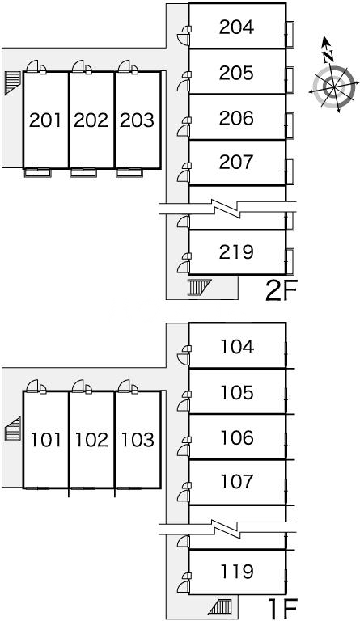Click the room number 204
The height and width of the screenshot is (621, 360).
click(x=236, y=27)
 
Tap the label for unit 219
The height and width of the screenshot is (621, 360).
click(x=236, y=252)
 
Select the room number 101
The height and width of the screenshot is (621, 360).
click(x=46, y=440)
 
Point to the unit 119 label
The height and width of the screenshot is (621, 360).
click(x=237, y=572)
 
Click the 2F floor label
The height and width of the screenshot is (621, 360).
click(x=282, y=291)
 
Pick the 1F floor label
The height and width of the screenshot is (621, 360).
click(x=282, y=609)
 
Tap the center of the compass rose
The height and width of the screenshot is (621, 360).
click(x=333, y=87)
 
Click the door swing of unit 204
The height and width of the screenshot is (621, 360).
click(x=183, y=39)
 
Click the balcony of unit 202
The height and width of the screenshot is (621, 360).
click(x=83, y=172)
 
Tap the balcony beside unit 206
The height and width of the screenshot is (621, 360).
click(x=290, y=125)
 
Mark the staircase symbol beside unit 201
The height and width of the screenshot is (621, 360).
click(x=12, y=83)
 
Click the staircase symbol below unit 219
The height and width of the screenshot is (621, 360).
click(x=199, y=287)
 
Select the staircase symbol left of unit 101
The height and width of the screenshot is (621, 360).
click(x=12, y=429)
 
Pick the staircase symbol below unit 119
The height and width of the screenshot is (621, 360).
click(x=220, y=606)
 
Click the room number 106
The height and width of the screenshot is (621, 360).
click(x=237, y=437)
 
